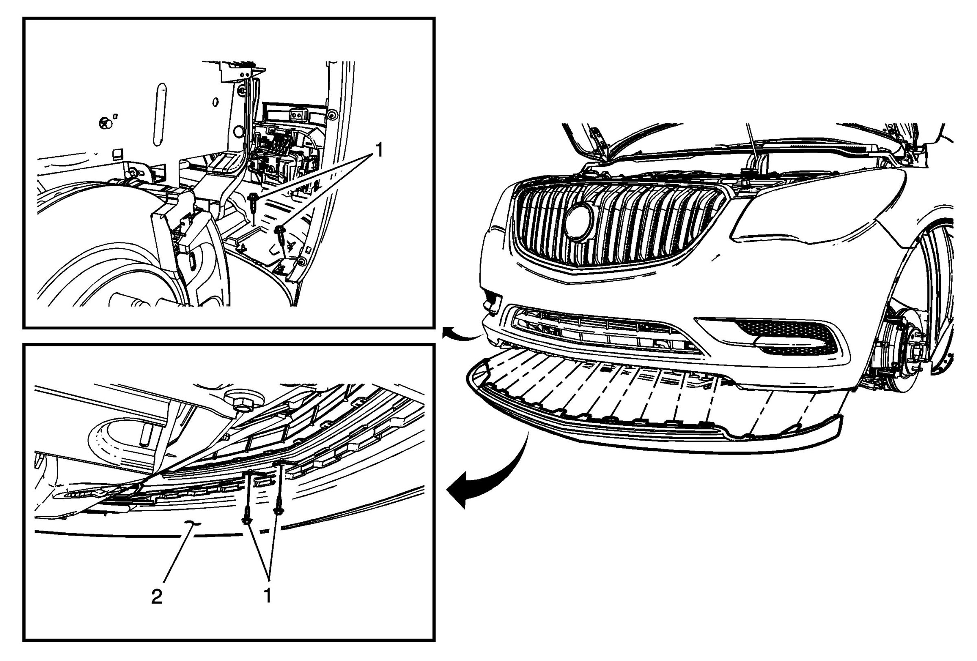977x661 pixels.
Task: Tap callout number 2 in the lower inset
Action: tap(157, 596)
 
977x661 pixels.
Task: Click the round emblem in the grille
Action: tap(579, 222)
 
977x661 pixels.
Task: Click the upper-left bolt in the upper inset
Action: tap(253, 201)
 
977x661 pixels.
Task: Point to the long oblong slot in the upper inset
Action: tap(159, 114)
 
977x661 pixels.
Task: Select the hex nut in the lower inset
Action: tap(242, 404)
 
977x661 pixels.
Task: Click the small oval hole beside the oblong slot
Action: tap(215, 102)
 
